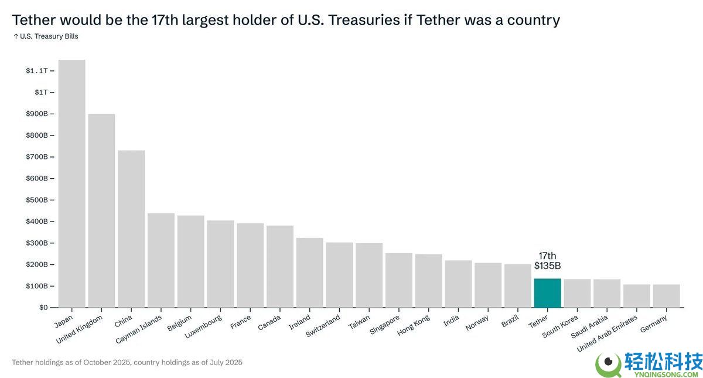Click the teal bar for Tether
(x=547, y=292)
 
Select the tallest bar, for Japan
(x=71, y=183)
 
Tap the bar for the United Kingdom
(x=101, y=210)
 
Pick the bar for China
(x=131, y=229)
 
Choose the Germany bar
(x=666, y=296)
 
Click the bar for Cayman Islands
(x=161, y=260)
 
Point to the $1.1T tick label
(x=36, y=70)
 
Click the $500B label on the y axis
(x=36, y=200)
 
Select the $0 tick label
(x=44, y=307)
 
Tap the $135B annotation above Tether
(x=547, y=265)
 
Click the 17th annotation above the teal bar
(x=547, y=256)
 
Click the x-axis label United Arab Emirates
(x=608, y=333)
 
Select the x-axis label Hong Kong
(x=414, y=325)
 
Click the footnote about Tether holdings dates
(x=127, y=362)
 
